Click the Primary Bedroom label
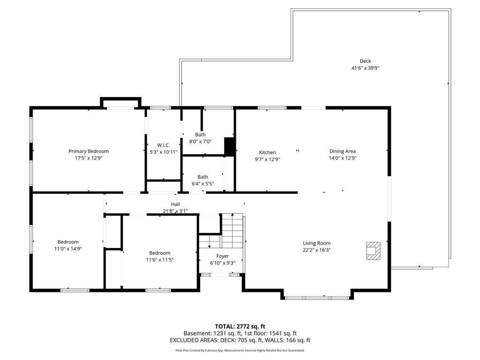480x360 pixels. coord(89,151)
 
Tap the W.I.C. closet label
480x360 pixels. coord(153,145)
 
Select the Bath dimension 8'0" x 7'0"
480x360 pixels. coord(200,141)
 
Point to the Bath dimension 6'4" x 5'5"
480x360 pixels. coord(202,183)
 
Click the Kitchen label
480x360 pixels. coord(267,152)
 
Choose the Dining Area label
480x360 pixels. coord(342,151)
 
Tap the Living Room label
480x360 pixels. coord(316,243)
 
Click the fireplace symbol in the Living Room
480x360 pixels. coord(374,250)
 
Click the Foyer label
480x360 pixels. coord(223,256)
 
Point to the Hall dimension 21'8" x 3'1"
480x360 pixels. coord(175,211)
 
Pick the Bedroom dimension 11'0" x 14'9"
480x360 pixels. coord(68,249)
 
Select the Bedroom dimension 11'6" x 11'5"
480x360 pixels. coord(160,260)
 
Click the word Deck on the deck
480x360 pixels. coord(365,61)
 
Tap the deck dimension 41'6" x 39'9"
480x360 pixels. coord(365,68)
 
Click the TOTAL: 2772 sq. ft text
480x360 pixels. coord(240,326)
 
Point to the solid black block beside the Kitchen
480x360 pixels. coord(229,146)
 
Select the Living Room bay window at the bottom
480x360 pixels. coord(317,298)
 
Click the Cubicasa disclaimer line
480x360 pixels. coord(240,350)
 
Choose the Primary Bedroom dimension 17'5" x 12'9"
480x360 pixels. coord(89,158)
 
